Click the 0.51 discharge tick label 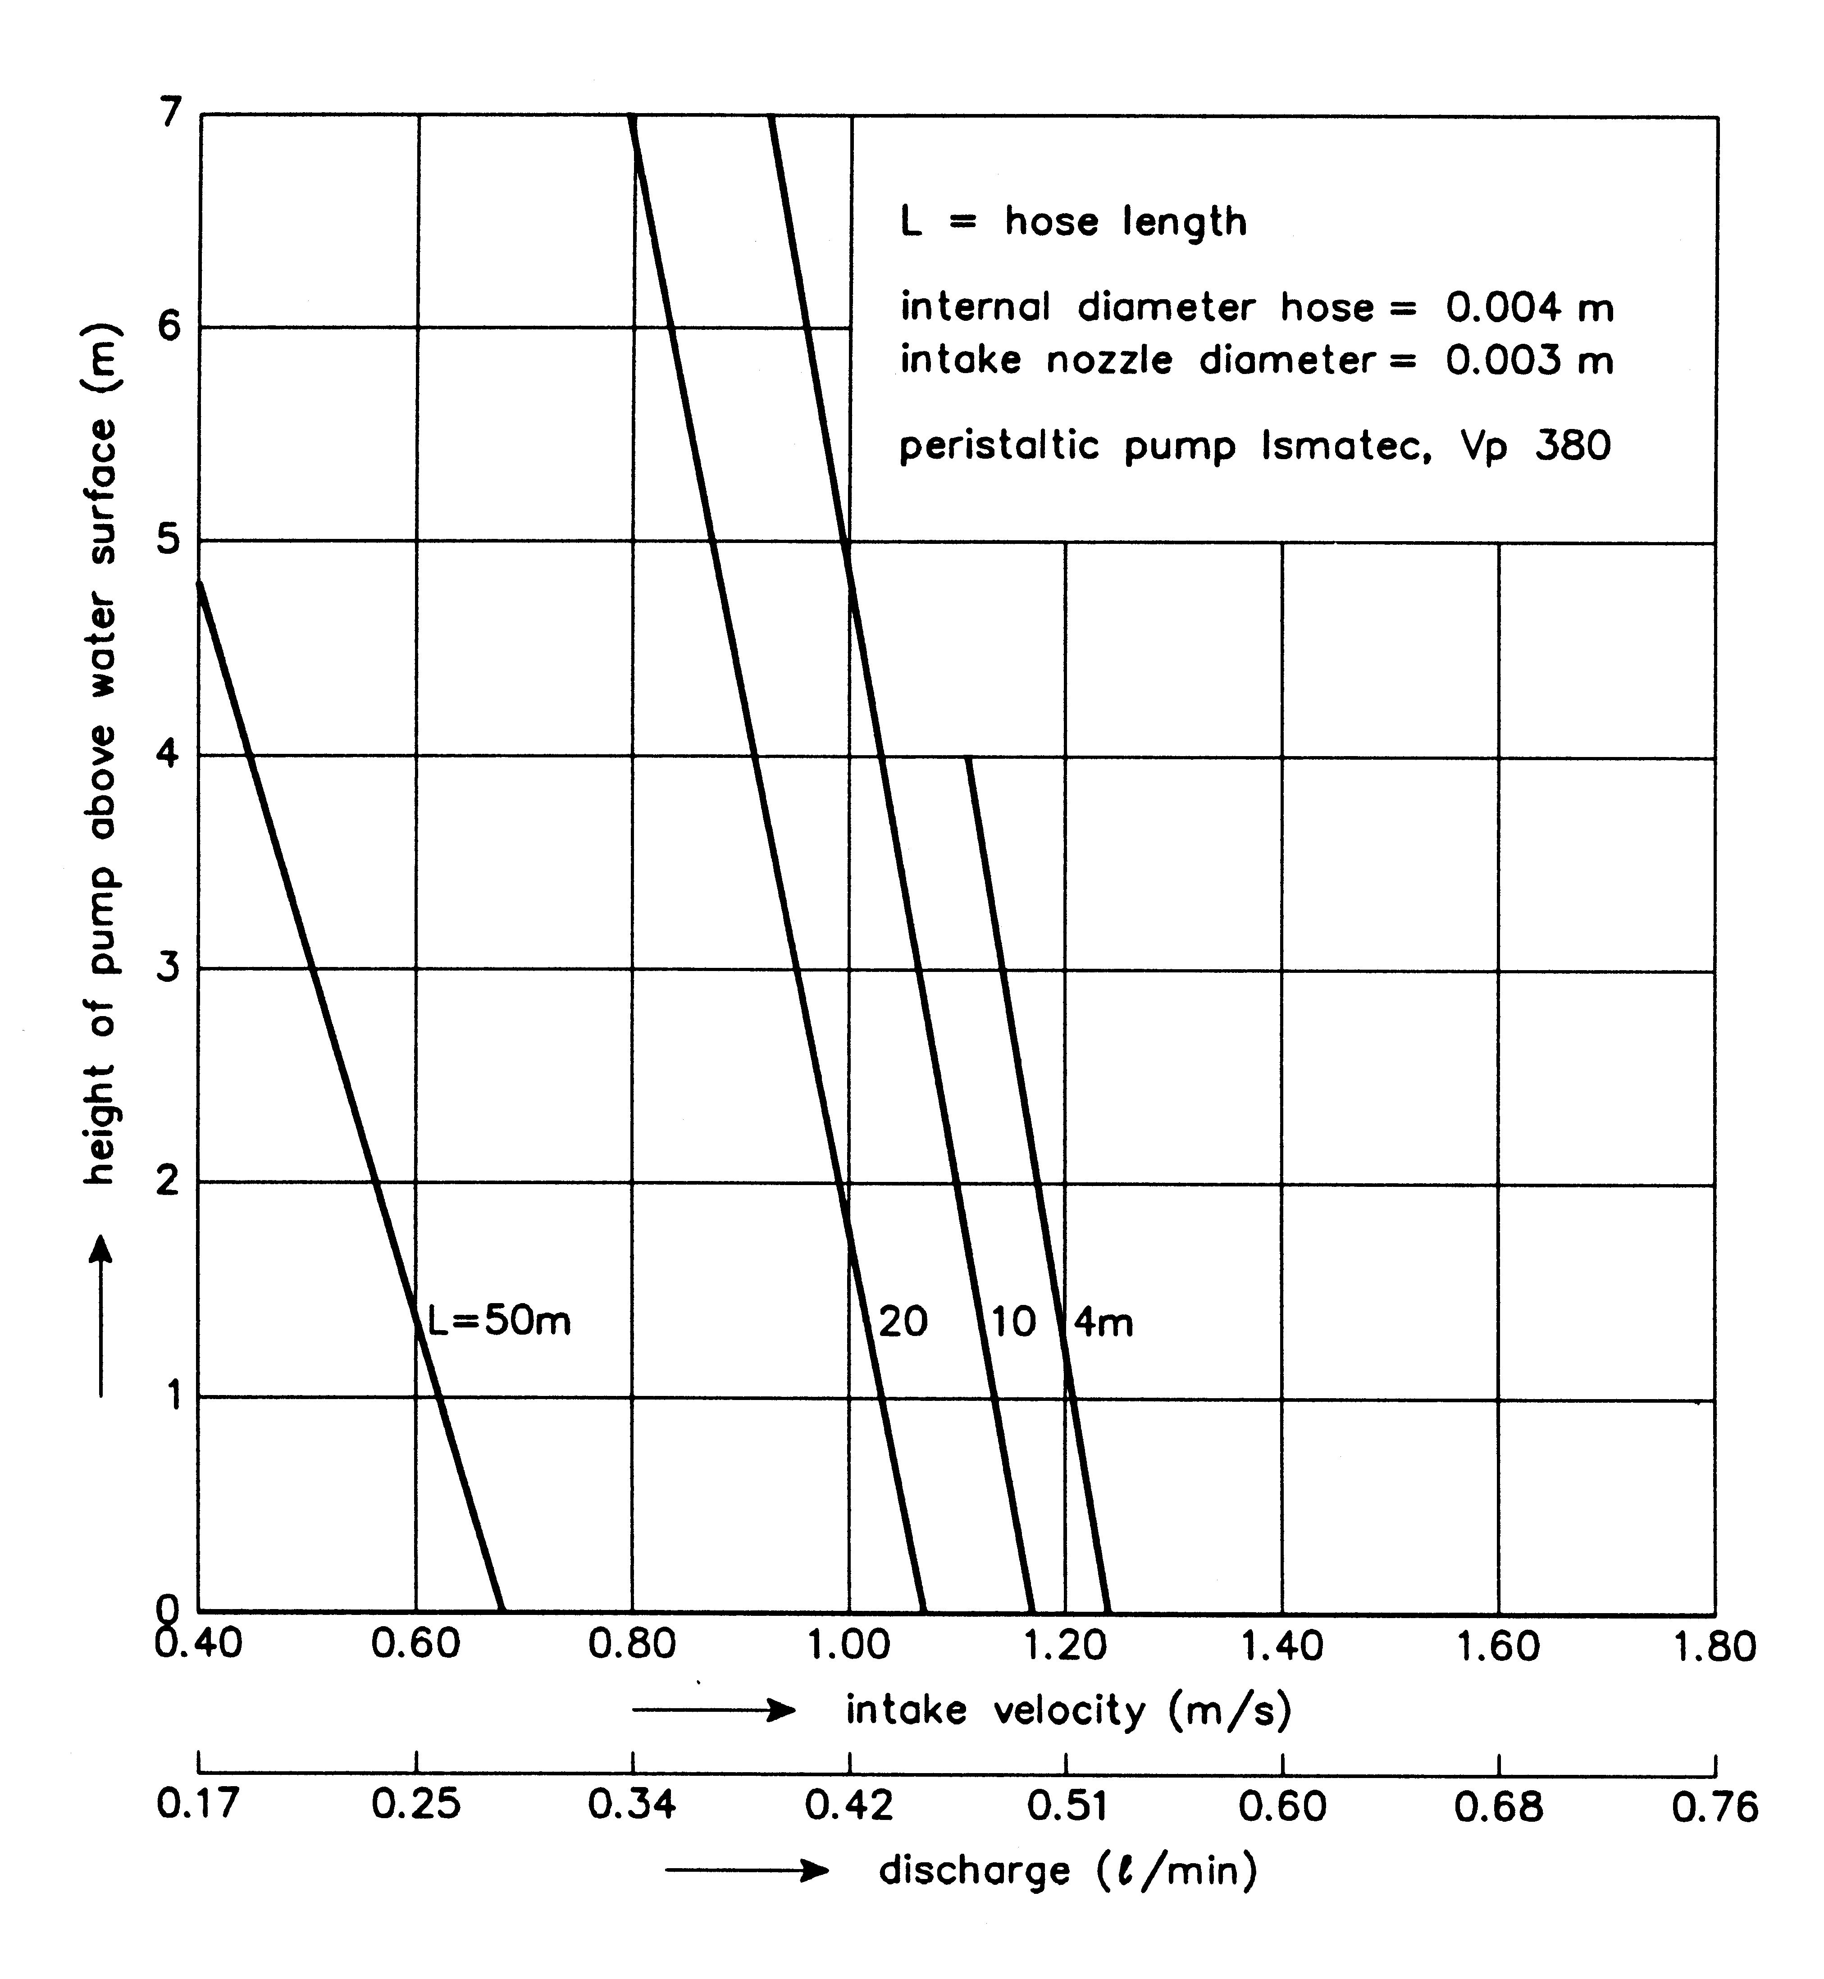point(1066,1806)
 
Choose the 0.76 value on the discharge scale point(1715,1806)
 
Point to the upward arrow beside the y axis point(100,1318)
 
